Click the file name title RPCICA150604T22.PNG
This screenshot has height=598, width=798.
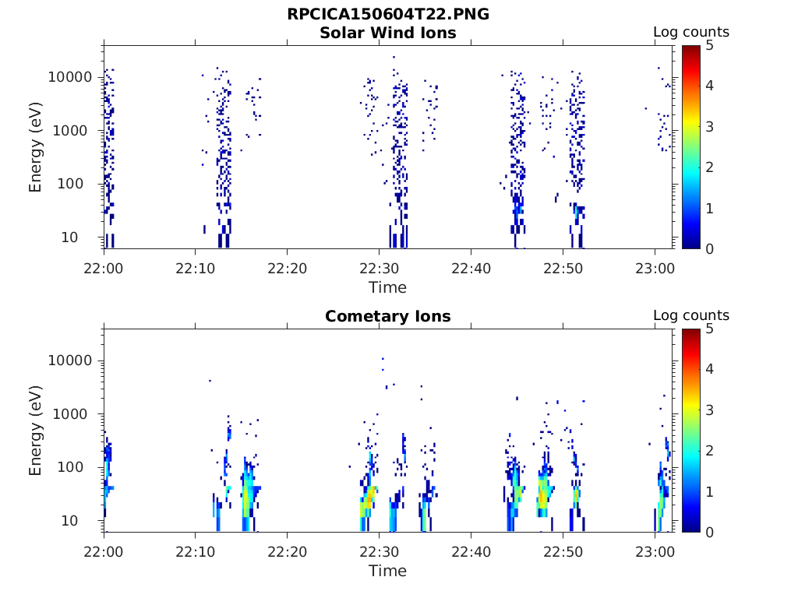click(x=387, y=14)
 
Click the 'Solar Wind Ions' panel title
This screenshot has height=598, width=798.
click(x=387, y=33)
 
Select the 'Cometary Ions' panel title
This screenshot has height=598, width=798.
click(x=387, y=316)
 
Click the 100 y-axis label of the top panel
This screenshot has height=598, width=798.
click(x=80, y=184)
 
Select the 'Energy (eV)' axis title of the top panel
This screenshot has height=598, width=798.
click(x=36, y=147)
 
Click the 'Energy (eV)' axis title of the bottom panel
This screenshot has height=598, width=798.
click(x=36, y=431)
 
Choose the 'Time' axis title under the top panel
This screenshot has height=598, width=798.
click(x=387, y=287)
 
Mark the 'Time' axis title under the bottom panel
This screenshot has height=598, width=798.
click(x=387, y=571)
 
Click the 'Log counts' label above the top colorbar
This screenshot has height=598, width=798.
click(x=690, y=32)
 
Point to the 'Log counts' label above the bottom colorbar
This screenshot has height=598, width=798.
click(x=690, y=315)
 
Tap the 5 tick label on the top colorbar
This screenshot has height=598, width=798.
click(x=708, y=45)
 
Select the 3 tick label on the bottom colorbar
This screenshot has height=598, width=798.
click(x=708, y=410)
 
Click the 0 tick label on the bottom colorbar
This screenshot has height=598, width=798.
click(x=708, y=532)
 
